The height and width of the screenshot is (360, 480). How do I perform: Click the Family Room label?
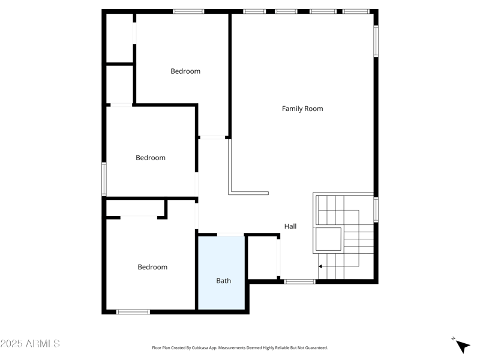[302, 109]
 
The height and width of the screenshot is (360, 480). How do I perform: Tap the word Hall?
[290, 226]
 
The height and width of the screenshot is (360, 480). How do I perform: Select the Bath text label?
[223, 280]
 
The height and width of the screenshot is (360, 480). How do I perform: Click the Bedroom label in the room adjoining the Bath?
[152, 267]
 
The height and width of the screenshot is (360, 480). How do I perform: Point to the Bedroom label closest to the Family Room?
[185, 71]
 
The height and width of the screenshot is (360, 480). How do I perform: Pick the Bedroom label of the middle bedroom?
[150, 158]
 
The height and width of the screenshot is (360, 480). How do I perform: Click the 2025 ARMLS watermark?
[30, 344]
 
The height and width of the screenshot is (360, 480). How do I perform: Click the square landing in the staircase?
[328, 239]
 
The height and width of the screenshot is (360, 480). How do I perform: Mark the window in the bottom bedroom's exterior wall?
[133, 311]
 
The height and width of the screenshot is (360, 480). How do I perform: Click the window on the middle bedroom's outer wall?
[104, 179]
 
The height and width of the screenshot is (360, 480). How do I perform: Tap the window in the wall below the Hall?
[299, 281]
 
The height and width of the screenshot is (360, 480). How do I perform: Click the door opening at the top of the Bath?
[230, 235]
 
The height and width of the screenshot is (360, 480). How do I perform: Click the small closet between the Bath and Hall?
[262, 257]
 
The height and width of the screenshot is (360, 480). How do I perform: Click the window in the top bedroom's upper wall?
[188, 11]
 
